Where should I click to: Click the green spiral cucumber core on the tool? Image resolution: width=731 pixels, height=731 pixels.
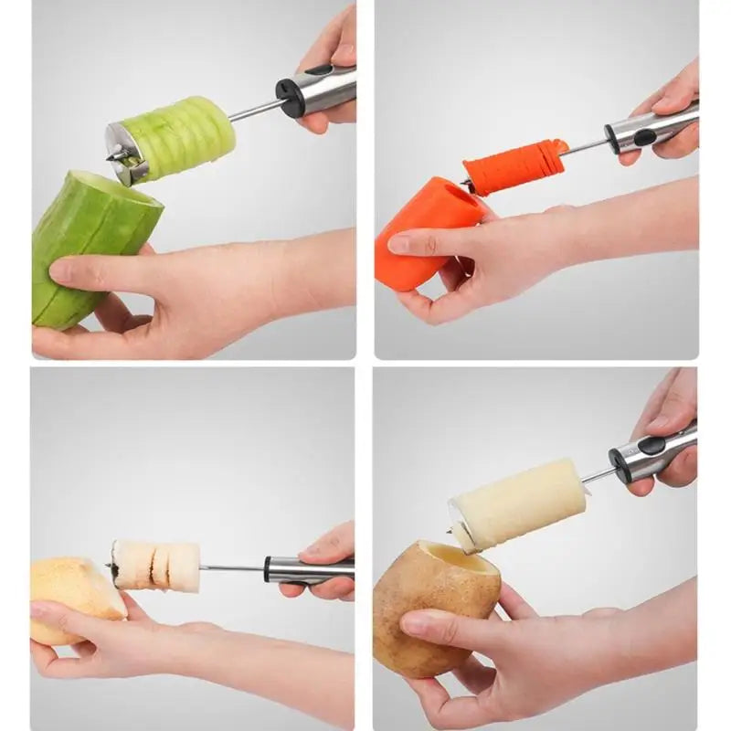click(183, 139)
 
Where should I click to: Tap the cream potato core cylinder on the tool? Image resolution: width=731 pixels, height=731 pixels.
click(521, 503)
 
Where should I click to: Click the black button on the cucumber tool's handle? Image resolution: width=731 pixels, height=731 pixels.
click(319, 70)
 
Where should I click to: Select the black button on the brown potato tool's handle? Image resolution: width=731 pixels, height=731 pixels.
click(652, 446)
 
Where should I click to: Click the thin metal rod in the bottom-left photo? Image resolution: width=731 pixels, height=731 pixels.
click(231, 567)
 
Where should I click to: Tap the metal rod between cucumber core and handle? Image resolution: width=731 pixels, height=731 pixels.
click(255, 111)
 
